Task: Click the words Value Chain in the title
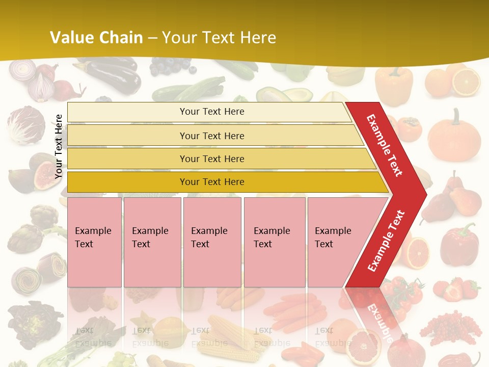pos(96,38)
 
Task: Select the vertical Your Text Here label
pos(59,147)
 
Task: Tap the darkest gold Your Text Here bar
pos(212,182)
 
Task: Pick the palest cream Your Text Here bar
pos(212,112)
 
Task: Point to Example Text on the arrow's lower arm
pos(386,241)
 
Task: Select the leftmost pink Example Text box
pos(94,242)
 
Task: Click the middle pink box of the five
pos(212,242)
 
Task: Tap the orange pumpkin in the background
pos(454,135)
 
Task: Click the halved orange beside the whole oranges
pos(466,82)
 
